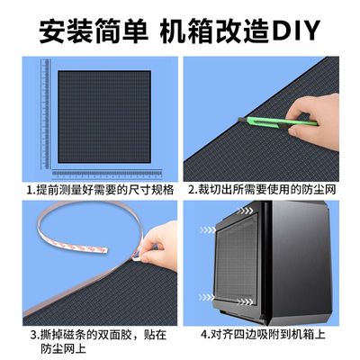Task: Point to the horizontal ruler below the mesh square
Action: tap(99, 170)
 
